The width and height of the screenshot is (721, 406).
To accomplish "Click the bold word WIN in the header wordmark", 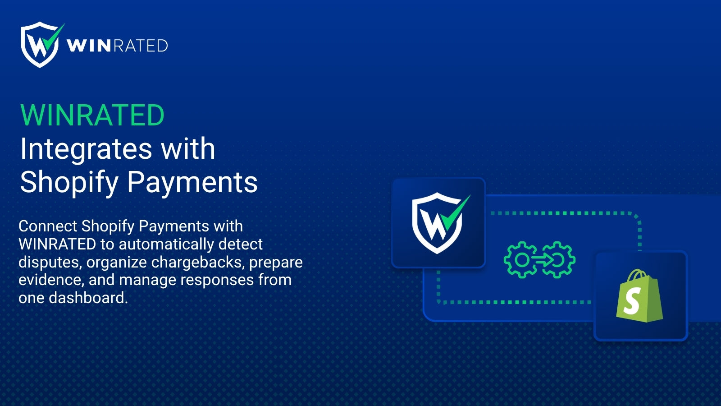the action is (x=89, y=46).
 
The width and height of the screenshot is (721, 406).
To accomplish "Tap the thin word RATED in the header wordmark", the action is (x=141, y=46).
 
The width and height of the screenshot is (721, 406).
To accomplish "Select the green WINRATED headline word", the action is (x=92, y=115).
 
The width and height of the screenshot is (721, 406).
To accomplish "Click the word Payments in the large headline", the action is (x=192, y=182).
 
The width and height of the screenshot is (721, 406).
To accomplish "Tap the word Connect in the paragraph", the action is (x=48, y=226).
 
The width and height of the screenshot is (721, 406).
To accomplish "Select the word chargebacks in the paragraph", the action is (x=196, y=262).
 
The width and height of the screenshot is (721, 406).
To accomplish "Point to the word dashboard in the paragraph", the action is (x=88, y=298).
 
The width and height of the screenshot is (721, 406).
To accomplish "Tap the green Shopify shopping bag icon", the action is (x=639, y=296).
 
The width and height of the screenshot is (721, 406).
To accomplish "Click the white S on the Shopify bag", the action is (x=632, y=301).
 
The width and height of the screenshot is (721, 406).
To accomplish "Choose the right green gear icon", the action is (x=558, y=260).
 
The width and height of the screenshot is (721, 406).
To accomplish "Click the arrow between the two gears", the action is (x=543, y=259).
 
